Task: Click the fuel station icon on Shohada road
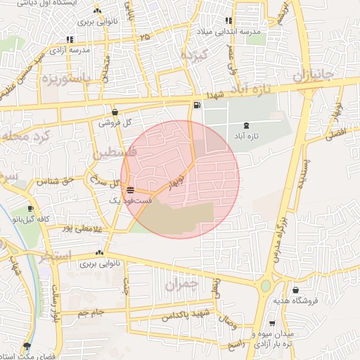point(195,106)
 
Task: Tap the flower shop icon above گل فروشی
point(115,111)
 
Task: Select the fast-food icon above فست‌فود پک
point(130,190)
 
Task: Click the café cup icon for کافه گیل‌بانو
point(30,209)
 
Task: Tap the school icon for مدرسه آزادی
point(69,39)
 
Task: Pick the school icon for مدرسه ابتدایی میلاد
point(227,21)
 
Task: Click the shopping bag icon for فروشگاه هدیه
point(295,289)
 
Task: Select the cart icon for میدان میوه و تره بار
point(271,323)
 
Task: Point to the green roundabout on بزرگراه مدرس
point(266,286)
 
